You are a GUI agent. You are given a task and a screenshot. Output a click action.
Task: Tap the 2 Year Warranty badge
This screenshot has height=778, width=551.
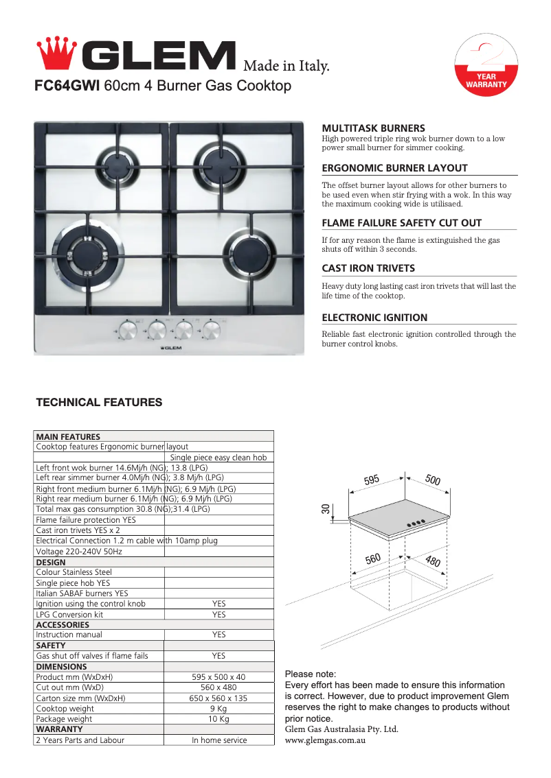486,69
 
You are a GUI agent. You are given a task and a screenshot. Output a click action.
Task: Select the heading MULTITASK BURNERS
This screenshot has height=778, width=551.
373,128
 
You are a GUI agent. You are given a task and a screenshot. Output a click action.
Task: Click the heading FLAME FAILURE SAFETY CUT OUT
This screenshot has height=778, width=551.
401,223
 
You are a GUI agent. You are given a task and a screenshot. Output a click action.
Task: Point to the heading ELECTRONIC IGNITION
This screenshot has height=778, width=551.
374,318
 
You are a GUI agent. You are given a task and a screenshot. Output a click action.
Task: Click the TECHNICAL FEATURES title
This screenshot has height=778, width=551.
99,403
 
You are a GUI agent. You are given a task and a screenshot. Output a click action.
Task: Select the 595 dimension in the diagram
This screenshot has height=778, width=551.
372,480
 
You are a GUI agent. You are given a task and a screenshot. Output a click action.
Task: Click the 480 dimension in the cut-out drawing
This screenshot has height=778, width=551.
433,562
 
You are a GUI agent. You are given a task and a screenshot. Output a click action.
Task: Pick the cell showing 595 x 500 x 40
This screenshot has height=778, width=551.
218,677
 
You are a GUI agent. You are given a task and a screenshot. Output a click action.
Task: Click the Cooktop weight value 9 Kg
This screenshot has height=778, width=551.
218,709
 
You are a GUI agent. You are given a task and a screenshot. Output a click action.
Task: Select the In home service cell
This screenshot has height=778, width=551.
218,740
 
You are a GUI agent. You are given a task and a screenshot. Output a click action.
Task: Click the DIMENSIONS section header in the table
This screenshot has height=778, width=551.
61,667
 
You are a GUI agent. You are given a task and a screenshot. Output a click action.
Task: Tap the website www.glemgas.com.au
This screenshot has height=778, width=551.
325,741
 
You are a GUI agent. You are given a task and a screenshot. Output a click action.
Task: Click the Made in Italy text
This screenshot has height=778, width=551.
286,67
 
